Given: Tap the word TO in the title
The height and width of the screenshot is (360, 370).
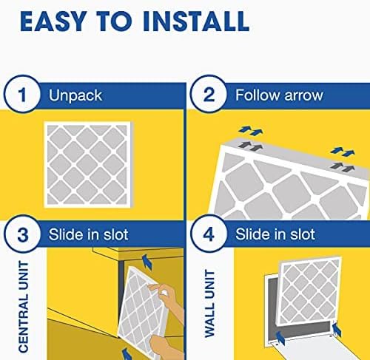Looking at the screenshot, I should pyautogui.click(x=117, y=22).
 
